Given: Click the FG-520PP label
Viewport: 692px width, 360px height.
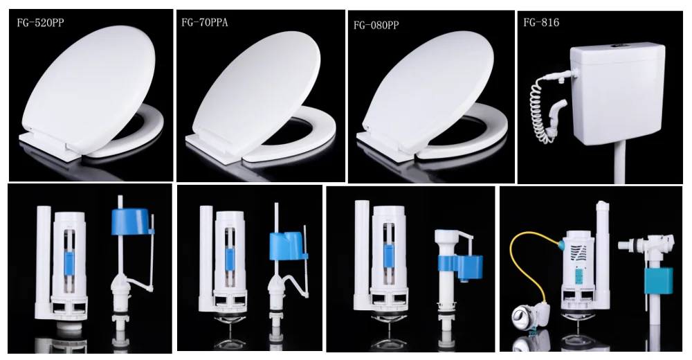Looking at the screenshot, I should [41, 22].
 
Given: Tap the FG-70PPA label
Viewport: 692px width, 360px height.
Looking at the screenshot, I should [206, 22].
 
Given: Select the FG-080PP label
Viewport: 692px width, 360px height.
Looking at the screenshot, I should [376, 26].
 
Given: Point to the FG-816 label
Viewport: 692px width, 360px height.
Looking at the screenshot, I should [541, 23].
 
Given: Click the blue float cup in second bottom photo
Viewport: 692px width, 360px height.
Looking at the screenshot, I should [287, 246].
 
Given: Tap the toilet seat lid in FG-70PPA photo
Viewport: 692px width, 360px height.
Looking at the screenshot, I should [253, 87].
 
